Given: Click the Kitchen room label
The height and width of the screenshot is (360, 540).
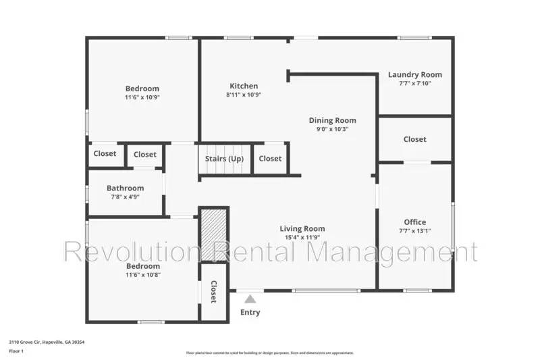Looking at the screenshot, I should pos(244,86).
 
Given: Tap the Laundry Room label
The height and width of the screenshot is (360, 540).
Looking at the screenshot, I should pos(414,74).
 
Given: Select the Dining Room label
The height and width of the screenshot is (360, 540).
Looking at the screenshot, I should pos(332,120).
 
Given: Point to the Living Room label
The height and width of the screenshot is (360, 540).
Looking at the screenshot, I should pos(302,228).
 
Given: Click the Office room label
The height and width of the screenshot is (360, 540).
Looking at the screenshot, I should pos(414,222).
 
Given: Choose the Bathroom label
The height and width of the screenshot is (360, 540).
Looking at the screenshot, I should pos(125,188).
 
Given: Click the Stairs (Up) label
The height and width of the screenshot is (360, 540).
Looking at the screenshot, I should pos(224,159).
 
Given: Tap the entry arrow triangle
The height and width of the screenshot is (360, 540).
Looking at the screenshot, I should pos(250,299).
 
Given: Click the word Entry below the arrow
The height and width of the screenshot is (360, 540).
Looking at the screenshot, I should pos(250,312).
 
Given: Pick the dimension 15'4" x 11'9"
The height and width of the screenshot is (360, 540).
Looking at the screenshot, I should pos(302,238).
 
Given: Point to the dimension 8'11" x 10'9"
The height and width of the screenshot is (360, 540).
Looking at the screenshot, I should pos(244,95).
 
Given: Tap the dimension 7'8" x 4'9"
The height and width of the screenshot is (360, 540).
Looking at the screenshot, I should pos(125,197).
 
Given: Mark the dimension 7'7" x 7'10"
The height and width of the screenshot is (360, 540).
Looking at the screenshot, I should pos(414,84).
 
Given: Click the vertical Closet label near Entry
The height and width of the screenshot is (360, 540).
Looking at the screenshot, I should pos(213,292).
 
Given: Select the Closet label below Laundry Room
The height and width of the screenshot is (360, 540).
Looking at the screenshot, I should pos(414,139).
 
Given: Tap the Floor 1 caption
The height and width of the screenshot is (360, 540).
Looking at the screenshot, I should pos(16,352).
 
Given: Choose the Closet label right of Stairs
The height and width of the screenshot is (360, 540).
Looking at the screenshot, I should pos(270,159).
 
